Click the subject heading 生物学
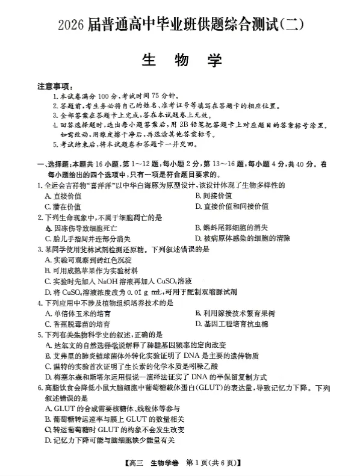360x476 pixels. (x=181, y=60)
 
